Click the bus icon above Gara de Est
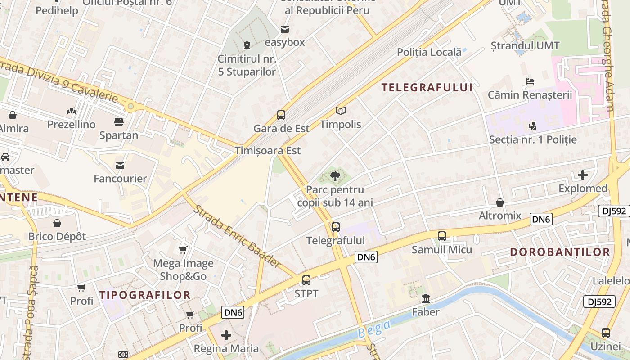(281, 115)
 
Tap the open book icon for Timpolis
(341, 111)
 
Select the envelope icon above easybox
(285, 29)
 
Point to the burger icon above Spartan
(119, 122)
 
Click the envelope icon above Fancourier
(120, 166)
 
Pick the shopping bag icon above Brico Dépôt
(57, 223)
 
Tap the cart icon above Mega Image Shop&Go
(183, 250)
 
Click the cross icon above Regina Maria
(226, 335)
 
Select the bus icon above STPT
(306, 280)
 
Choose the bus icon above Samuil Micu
(442, 236)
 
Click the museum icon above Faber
(426, 298)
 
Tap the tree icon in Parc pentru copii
(335, 176)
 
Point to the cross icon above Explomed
(583, 175)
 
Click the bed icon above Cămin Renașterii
(530, 81)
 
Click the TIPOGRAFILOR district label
(145, 295)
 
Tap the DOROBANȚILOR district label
(560, 252)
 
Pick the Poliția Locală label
(429, 52)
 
